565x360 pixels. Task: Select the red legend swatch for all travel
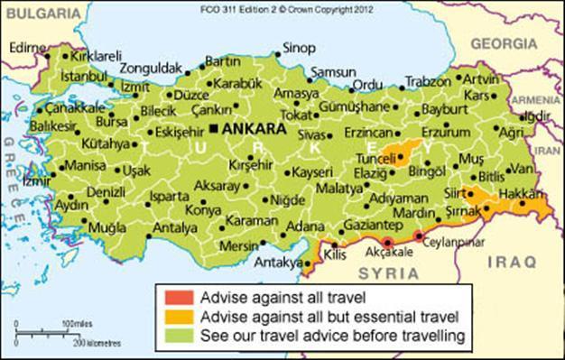(x=173, y=296)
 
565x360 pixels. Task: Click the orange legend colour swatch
(x=173, y=316)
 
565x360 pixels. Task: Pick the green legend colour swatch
(x=173, y=336)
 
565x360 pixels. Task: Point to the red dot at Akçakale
(x=387, y=242)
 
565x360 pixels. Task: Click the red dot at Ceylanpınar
(x=419, y=235)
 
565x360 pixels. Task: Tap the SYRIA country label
(x=389, y=272)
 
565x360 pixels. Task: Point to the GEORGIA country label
(x=503, y=42)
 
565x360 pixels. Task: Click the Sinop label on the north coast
(x=299, y=47)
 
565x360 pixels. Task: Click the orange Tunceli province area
(x=397, y=153)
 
